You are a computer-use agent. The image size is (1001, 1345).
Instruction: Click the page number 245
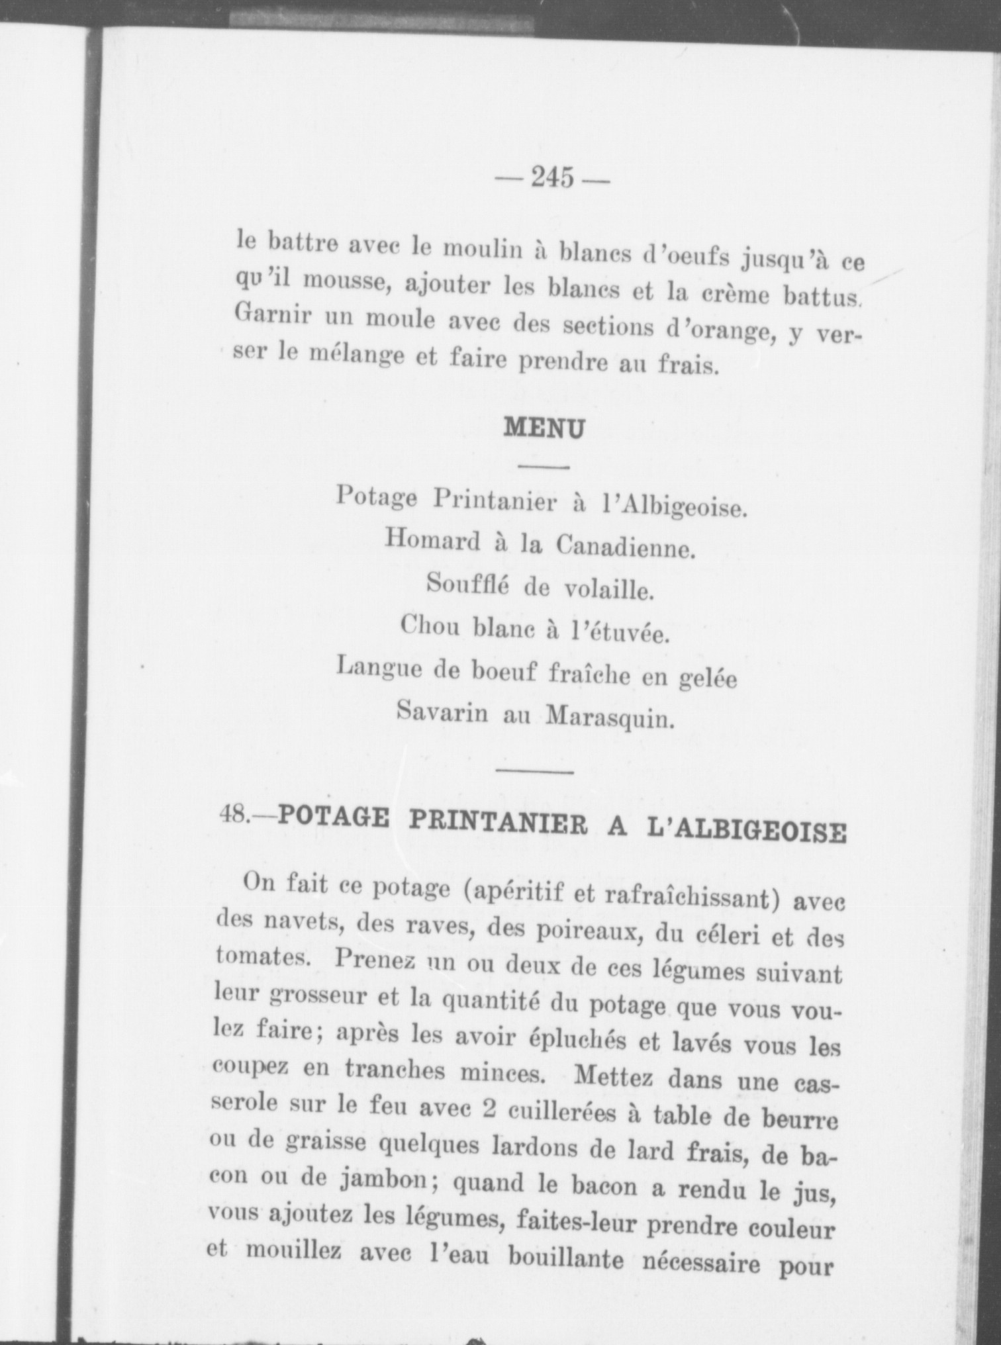click(x=552, y=177)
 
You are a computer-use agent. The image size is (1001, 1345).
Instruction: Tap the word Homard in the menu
click(x=432, y=541)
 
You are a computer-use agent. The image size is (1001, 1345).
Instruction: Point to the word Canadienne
click(x=626, y=546)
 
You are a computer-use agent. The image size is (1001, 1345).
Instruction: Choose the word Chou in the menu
click(x=430, y=625)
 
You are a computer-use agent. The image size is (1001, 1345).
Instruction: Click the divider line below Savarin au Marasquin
click(x=534, y=770)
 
